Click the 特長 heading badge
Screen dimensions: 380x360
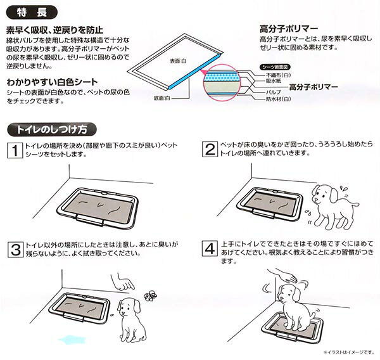[32, 13]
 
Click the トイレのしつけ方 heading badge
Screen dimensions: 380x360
[52, 129]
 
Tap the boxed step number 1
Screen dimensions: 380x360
[15, 150]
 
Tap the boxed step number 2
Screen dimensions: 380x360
[210, 149]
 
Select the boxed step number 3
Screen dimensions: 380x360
[16, 250]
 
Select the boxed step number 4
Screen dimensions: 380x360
[210, 248]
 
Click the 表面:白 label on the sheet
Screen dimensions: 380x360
[178, 61]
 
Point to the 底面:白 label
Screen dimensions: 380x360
[162, 98]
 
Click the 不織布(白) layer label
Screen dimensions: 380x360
[279, 75]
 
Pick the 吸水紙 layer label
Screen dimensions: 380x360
[274, 80]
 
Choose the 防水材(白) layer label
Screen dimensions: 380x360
[279, 99]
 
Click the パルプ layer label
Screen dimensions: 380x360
[274, 92]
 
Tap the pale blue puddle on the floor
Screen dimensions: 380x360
[72, 340]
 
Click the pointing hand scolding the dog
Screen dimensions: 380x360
[123, 283]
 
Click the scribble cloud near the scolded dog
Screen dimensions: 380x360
[151, 295]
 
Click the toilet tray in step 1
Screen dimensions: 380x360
[97, 208]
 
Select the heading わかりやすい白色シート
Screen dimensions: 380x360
[52, 82]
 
